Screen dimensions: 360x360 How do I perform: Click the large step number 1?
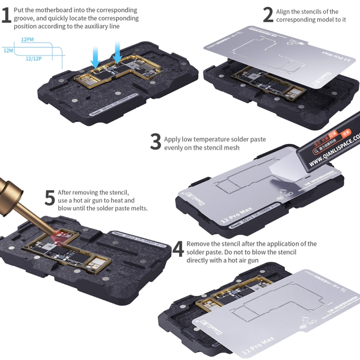tap(6, 15)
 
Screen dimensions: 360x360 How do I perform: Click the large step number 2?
tap(268, 15)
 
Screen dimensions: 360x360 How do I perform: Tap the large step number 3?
tap(155, 142)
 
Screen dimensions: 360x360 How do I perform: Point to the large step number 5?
tap(49, 198)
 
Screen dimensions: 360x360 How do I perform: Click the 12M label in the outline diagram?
tap(8, 50)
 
